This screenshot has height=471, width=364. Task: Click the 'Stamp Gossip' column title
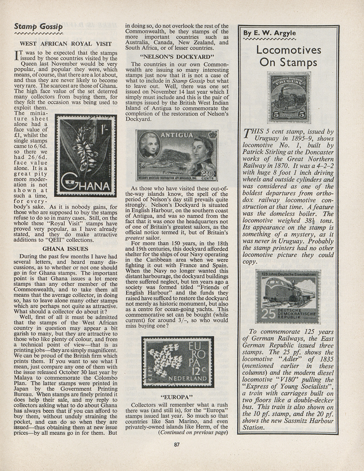38,27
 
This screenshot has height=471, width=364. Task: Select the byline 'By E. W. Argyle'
266,33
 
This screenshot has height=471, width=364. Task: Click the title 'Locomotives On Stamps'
289,57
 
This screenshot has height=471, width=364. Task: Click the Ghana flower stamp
86,155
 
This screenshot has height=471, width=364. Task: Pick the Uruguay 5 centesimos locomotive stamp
289,97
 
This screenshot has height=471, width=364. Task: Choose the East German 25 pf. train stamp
288,296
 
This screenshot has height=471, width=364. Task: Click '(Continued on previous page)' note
194,432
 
